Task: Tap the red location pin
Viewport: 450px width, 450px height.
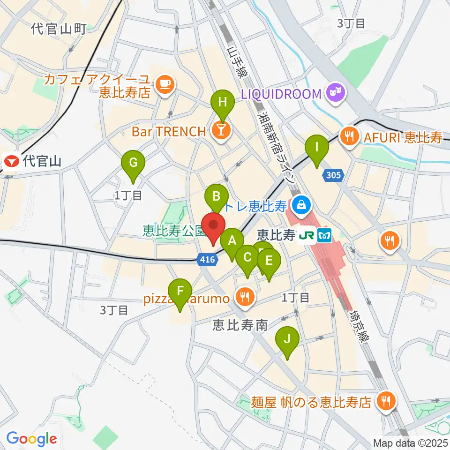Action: [213, 228]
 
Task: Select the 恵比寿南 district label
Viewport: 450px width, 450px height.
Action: [240, 324]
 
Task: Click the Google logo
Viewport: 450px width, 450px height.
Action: [32, 439]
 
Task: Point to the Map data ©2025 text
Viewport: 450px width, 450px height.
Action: [411, 442]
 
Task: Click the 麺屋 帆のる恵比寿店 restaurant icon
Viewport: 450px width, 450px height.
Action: [387, 401]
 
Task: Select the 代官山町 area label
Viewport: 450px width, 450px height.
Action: [59, 30]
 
